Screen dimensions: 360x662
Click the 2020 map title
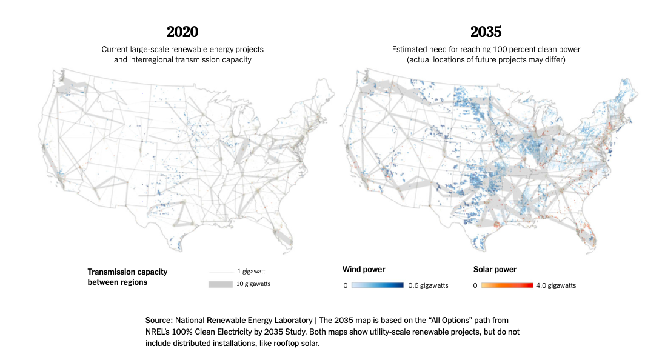(182, 32)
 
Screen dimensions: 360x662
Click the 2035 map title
(486, 32)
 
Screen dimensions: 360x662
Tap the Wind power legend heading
(364, 269)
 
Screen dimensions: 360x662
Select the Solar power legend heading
(495, 269)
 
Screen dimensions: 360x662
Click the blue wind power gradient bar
(377, 285)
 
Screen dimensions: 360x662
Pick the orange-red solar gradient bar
(507, 285)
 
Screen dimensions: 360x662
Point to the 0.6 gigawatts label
(428, 285)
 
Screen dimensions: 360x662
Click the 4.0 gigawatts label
(556, 285)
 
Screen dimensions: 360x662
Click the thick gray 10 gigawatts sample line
(221, 284)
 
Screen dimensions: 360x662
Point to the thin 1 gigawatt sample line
(221, 272)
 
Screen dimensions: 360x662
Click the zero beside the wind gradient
(345, 285)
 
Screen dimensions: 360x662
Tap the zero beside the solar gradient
(475, 285)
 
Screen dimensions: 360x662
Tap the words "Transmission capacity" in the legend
(127, 272)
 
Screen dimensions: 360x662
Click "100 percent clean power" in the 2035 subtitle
(537, 49)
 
